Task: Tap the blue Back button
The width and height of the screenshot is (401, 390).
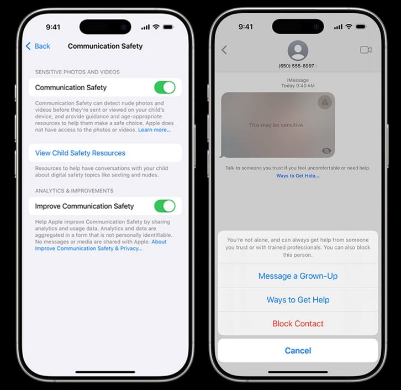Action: [x=38, y=46]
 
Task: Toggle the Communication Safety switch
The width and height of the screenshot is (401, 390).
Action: [x=165, y=87]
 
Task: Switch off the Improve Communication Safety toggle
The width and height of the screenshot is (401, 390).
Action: [x=165, y=206]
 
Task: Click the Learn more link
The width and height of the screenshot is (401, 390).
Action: [x=155, y=130]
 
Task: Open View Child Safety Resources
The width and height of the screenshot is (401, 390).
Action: [x=80, y=153]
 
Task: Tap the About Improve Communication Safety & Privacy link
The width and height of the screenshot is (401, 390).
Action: [x=101, y=245]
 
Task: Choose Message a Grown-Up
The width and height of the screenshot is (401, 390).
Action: [x=298, y=276]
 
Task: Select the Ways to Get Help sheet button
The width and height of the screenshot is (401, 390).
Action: [x=298, y=300]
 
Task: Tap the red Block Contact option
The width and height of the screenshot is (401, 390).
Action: [x=298, y=324]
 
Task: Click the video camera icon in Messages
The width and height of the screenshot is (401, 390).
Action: [x=366, y=50]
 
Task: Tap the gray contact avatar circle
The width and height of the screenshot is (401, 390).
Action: [x=298, y=50]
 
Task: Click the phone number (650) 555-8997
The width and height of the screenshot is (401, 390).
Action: [x=296, y=66]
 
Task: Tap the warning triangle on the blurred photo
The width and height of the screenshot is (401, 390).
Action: [x=325, y=102]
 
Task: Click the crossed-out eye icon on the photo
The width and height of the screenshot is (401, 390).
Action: [x=326, y=150]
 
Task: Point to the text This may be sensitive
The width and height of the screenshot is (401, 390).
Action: [x=277, y=125]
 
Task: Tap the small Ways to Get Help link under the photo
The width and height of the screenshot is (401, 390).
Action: [x=298, y=176]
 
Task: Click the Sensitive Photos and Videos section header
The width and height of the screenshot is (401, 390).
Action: [x=77, y=72]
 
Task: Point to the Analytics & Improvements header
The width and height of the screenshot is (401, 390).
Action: [x=74, y=191]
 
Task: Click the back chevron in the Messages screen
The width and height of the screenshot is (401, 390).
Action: [x=224, y=50]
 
